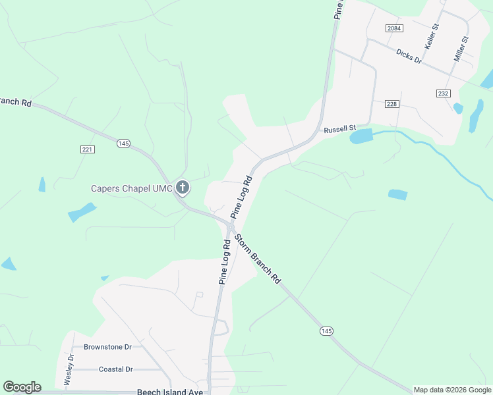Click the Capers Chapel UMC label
(131, 188)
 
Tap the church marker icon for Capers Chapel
(183, 188)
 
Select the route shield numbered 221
(88, 149)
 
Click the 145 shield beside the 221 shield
(123, 143)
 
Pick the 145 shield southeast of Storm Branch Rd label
(326, 330)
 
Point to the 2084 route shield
(394, 28)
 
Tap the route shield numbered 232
(443, 93)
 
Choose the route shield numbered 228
(392, 103)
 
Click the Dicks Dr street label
(409, 56)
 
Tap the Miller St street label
(461, 49)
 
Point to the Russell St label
(339, 129)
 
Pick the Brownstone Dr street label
(108, 346)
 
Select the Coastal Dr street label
(115, 369)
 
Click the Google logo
(22, 387)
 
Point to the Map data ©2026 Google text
(453, 390)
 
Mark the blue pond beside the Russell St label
(362, 136)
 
